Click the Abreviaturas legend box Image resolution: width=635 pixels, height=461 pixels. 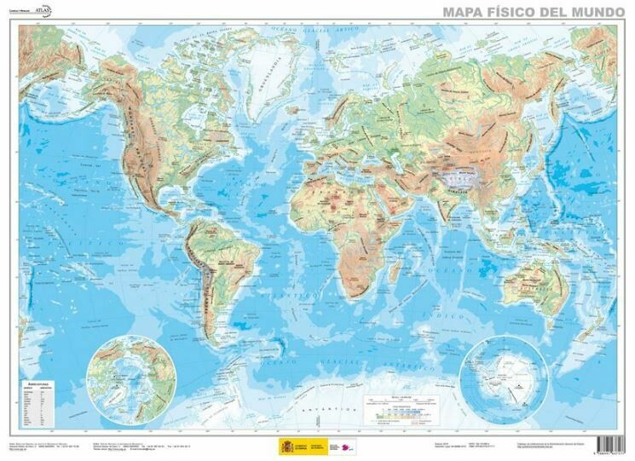[x=43, y=406]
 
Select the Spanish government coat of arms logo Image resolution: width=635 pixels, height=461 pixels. [x=285, y=446]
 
